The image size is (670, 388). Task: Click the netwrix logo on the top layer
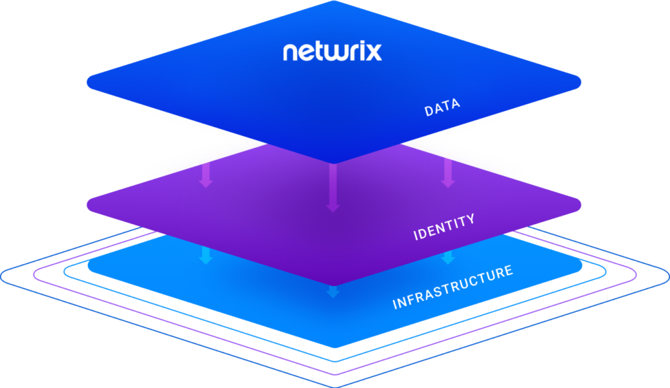[x=332, y=52]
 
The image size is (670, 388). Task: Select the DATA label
[x=442, y=107]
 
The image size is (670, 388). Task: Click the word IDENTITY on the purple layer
[x=444, y=227]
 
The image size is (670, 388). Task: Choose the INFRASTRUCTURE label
[x=453, y=287]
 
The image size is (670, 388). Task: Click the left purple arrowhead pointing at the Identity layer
[x=205, y=183]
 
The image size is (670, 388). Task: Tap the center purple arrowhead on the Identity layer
[x=333, y=207]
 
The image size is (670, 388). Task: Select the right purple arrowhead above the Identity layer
[x=448, y=183]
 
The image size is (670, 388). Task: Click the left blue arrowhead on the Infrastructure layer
[x=205, y=259]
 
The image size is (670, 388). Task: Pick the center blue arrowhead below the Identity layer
[x=333, y=292]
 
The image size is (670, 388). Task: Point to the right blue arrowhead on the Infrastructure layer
[x=448, y=259]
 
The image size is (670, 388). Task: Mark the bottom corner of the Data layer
[x=334, y=163]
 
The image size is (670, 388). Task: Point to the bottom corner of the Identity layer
[x=334, y=284]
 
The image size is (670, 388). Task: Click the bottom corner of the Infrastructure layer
[x=334, y=348]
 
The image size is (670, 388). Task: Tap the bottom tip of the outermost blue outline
[x=334, y=385]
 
